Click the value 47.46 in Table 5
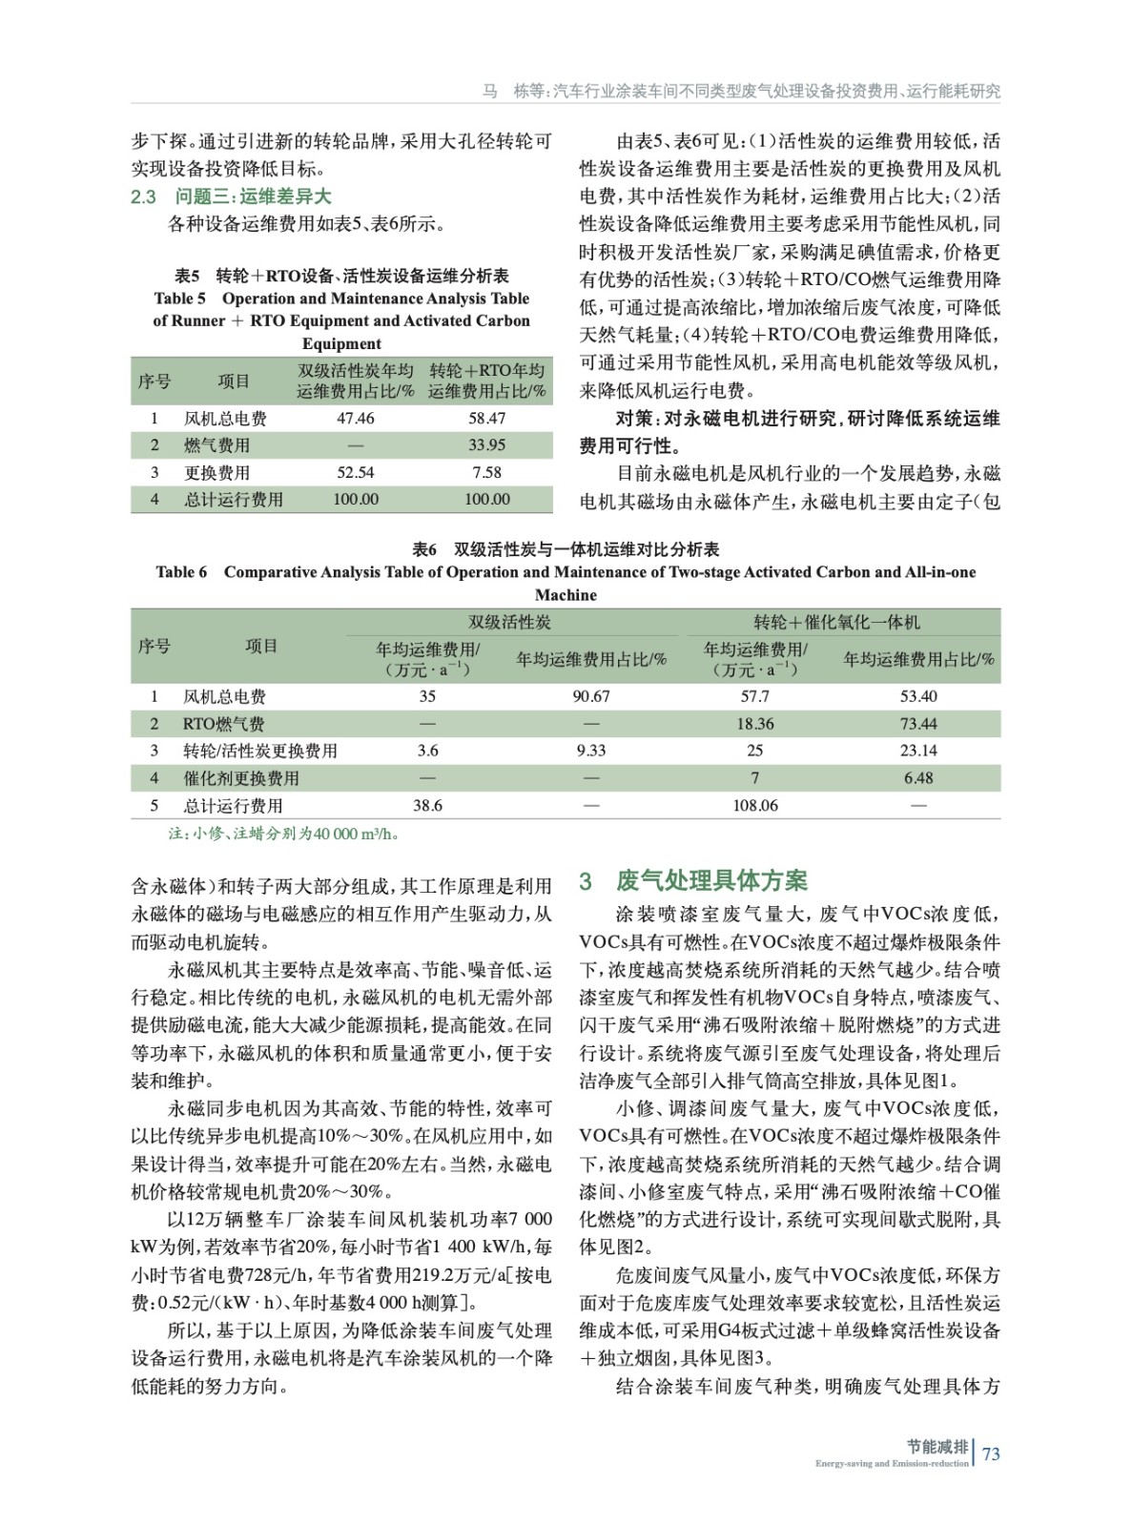[355, 418]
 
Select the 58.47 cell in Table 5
[486, 418]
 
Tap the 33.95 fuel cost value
[486, 444]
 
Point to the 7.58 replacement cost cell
[486, 472]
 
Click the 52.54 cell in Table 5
[355, 472]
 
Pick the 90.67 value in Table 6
[591, 696]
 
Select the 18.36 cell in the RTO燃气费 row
[755, 724]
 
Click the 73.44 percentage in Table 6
[918, 724]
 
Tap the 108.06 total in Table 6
[755, 806]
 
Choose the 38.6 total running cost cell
[427, 806]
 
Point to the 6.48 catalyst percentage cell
[918, 778]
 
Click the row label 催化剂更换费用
[241, 778]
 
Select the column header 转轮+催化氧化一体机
[836, 622]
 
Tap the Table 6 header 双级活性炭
[509, 622]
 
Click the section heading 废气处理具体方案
[711, 880]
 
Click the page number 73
[991, 1454]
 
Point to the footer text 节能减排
[937, 1446]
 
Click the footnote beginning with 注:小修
[283, 834]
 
